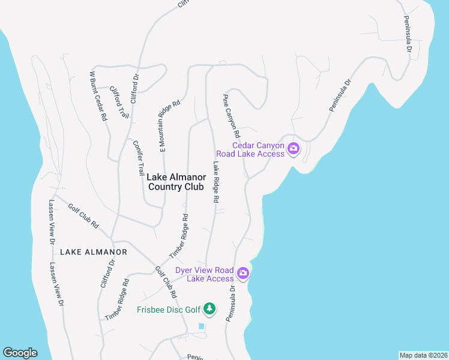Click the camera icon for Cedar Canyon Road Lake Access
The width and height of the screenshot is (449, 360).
(293, 149)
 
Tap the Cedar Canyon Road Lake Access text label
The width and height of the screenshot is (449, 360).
(258, 149)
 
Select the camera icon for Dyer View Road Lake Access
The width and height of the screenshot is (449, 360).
(243, 274)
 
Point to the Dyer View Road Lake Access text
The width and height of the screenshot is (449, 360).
(204, 274)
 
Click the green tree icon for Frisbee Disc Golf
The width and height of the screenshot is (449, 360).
(209, 309)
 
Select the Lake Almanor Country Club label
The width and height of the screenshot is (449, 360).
(176, 182)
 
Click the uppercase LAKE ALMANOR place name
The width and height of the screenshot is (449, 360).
(94, 252)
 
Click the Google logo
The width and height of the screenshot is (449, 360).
(20, 353)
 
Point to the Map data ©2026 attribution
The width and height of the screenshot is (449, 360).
(423, 355)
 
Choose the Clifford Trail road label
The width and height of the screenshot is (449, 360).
(119, 101)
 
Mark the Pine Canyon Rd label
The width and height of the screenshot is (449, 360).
(231, 115)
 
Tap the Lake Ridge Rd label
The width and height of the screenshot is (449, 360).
(215, 181)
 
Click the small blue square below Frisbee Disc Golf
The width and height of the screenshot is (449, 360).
(201, 326)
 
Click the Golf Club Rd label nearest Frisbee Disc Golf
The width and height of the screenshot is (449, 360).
(166, 283)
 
